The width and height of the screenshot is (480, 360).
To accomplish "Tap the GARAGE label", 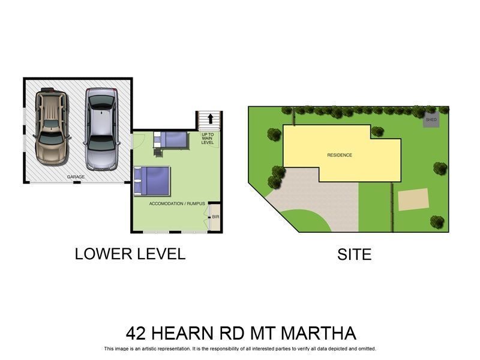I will coord(76,177).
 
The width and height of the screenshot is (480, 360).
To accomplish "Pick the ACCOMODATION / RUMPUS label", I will coord(177,204).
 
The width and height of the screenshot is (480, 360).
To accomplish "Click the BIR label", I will coord(215,217).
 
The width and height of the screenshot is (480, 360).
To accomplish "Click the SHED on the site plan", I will coord(431,119).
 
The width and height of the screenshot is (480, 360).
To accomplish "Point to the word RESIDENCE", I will coord(340,155).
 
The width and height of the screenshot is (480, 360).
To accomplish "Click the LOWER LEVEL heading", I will coord(130,254).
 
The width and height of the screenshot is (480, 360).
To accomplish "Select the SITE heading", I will coord(354,255).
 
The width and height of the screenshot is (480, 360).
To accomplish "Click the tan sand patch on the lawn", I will coord(413,199).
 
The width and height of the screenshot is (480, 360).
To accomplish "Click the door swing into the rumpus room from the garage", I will coord(139,140).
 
